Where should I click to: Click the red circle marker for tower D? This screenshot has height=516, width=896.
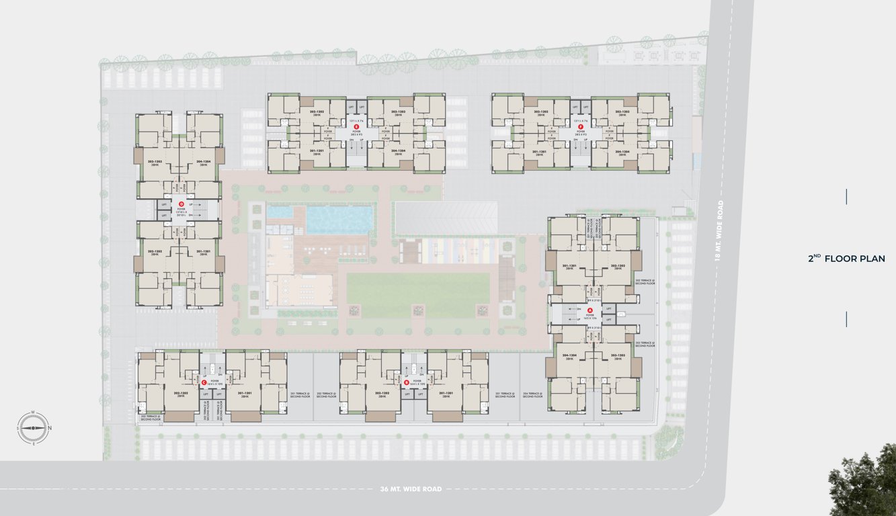coord(180,204)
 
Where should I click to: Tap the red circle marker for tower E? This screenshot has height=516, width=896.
coord(357,126)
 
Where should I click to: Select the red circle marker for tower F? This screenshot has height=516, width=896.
coord(581,126)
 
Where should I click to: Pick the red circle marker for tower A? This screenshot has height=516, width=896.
coord(589,310)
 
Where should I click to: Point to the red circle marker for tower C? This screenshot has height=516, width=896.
coord(204,382)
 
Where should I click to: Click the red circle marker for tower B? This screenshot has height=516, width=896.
coord(406,382)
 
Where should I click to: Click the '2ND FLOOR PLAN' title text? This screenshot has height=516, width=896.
coord(846,259)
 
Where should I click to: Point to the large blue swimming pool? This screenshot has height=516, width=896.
coord(339,219)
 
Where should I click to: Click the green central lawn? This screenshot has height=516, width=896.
coord(417,294)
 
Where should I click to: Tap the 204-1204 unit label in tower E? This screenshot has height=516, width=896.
coord(398,153)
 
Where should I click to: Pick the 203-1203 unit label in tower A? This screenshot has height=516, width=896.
coord(618,357)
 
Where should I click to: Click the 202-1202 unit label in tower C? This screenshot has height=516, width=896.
coord(179,394)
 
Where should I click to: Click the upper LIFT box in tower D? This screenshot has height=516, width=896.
coord(164,204)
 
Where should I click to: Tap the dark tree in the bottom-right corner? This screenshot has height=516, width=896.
coord(866,484)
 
